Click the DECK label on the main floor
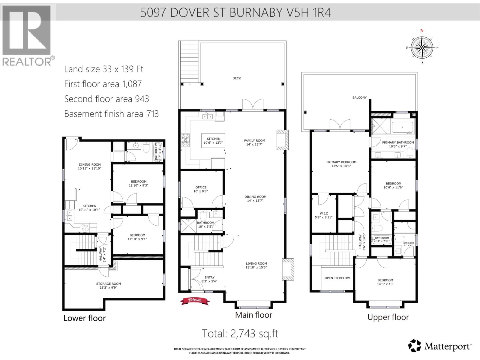click(237, 78)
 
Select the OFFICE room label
click(201, 187)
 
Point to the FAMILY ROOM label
click(254, 140)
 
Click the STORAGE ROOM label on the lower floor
click(109, 283)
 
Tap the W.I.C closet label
click(324, 214)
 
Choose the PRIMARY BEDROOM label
click(341, 162)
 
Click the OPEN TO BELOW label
click(337, 278)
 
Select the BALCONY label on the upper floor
click(359, 97)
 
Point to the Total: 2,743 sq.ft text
click(240, 334)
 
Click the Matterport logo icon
click(415, 346)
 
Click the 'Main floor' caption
click(253, 315)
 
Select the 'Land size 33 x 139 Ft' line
click(104, 69)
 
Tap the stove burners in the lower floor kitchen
click(85, 228)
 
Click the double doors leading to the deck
click(253, 105)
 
